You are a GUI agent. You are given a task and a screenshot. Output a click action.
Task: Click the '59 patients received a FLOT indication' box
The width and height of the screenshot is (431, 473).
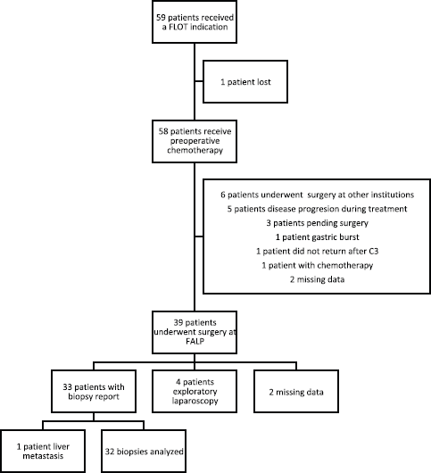pos(195,21)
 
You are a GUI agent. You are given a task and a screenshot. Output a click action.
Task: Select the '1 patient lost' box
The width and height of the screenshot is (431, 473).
pos(245,82)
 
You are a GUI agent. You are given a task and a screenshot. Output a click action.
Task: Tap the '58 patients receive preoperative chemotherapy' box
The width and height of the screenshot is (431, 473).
pos(195,141)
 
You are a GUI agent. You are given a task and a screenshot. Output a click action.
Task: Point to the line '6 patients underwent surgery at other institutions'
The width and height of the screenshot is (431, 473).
pos(317,195)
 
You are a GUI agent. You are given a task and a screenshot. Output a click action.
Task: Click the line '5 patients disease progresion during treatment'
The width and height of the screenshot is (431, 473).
pos(317,209)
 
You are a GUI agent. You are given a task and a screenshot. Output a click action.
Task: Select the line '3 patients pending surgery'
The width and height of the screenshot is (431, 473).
pos(317,223)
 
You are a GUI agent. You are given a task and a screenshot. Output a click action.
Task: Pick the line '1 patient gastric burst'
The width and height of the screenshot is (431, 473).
pos(317,237)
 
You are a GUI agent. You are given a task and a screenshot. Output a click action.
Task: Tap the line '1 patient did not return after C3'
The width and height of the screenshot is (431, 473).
pos(317,251)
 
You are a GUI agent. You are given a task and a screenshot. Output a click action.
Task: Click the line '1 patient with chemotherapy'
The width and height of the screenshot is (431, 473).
pos(317,265)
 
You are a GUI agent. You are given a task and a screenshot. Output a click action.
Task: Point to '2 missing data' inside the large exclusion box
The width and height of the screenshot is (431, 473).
pos(317,279)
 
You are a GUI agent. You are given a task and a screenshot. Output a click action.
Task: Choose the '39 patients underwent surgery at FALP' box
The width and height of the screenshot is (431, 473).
pos(195,332)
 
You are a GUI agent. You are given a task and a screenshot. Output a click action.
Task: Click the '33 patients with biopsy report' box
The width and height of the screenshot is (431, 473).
pos(94,391)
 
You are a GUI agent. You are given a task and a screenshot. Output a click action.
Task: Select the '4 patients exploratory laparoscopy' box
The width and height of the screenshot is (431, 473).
pos(195,391)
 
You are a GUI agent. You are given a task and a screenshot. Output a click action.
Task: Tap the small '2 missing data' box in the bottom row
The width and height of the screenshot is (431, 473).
pos(296,391)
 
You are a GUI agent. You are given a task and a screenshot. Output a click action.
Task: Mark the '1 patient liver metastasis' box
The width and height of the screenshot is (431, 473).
pos(43,451)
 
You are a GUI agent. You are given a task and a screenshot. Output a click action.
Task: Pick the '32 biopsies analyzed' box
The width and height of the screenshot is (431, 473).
pos(144,451)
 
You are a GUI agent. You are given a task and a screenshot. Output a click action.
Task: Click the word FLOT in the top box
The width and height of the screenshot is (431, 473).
pos(178,27)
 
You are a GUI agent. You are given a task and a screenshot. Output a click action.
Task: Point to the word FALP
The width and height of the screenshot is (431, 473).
pos(195,342)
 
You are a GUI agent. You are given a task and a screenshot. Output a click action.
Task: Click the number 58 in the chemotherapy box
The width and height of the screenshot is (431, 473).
pos(163,131)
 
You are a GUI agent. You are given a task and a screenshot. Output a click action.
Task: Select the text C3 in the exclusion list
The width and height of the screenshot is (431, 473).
pos(373,251)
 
